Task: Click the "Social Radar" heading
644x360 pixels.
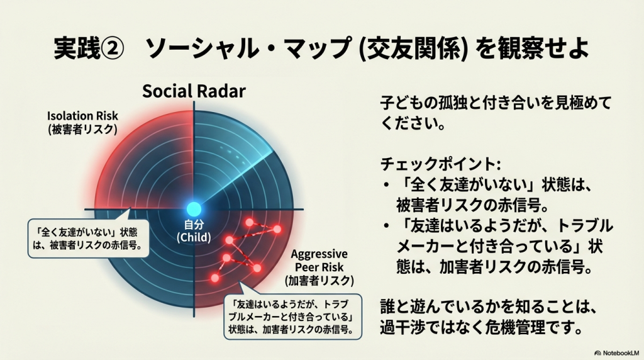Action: click(194, 91)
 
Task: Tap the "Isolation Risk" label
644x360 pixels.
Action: click(82, 116)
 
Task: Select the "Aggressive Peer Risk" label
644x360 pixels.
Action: click(319, 261)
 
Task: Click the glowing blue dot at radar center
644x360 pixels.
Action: click(194, 209)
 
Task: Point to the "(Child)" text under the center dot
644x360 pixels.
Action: click(194, 237)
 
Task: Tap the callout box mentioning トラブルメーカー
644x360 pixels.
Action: click(293, 317)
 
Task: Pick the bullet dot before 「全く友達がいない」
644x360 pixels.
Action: click(386, 185)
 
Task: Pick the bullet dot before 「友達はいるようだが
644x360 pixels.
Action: click(386, 226)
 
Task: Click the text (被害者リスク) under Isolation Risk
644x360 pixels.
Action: click(82, 130)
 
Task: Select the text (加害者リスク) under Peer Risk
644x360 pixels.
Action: click(319, 281)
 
